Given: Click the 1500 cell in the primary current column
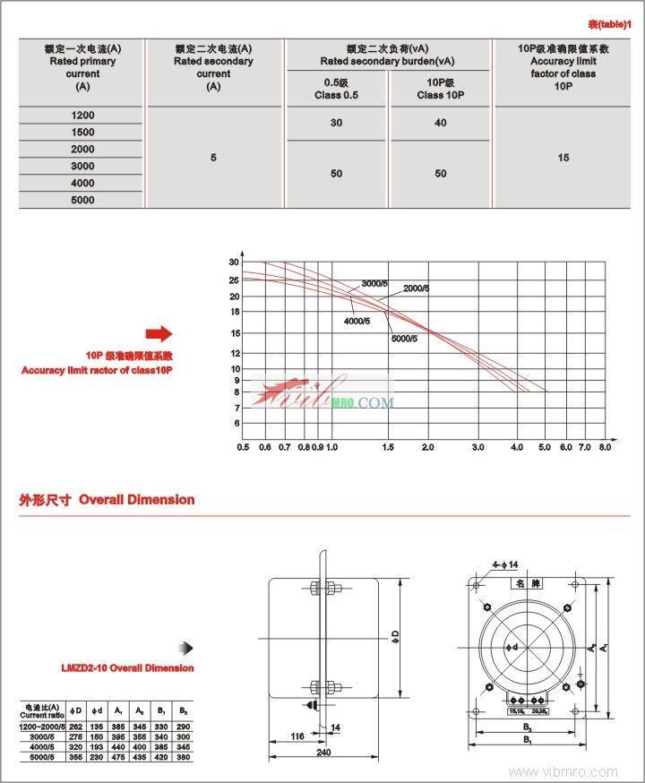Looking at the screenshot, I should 82,132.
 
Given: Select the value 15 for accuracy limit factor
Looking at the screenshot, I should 563,158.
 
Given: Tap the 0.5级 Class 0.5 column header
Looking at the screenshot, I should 336,89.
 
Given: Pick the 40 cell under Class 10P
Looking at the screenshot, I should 440,123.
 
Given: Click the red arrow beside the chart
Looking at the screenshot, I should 158,334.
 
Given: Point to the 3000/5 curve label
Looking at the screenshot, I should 375,284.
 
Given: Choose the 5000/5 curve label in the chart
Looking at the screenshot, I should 405,339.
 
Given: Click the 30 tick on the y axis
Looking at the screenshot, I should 235,262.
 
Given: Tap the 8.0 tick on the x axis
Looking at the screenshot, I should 605,446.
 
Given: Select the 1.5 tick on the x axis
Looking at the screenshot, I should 387,446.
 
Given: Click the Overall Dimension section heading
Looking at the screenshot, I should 107,500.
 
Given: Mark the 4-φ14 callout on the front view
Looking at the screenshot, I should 505,564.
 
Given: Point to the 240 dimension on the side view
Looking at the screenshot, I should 323,753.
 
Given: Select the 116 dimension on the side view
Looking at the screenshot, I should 297,736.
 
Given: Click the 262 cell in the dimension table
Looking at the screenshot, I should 76,726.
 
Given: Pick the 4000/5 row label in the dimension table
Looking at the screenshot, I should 43,745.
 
